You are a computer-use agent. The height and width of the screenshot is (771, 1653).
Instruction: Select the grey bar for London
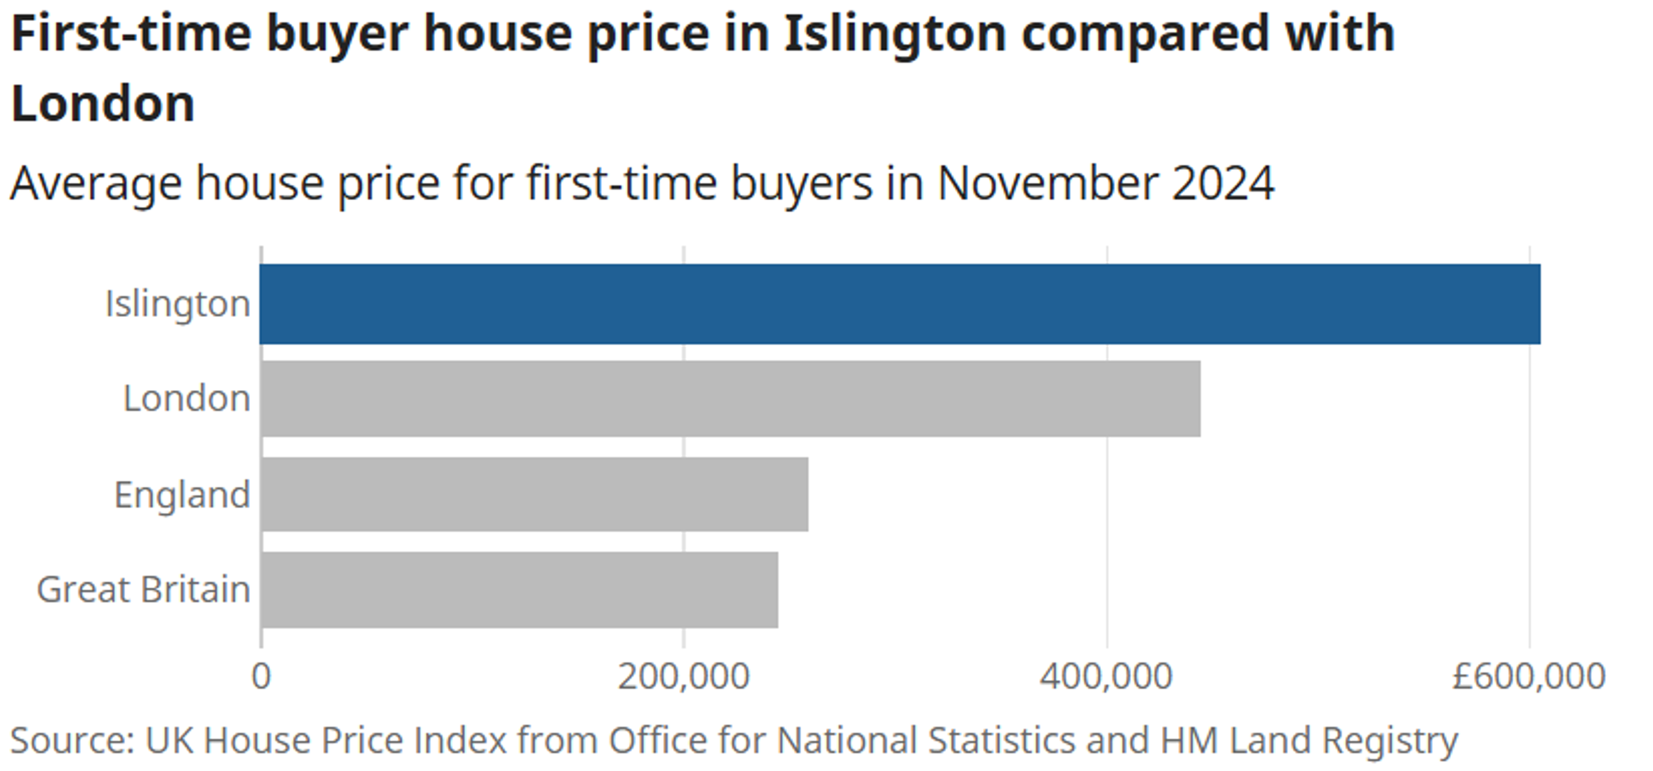730,399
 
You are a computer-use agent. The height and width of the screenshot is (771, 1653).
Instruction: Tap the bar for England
534,494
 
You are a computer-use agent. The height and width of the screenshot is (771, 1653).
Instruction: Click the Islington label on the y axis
178,304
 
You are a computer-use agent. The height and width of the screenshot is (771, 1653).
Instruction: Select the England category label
182,495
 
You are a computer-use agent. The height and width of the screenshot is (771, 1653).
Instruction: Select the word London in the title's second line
103,103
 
